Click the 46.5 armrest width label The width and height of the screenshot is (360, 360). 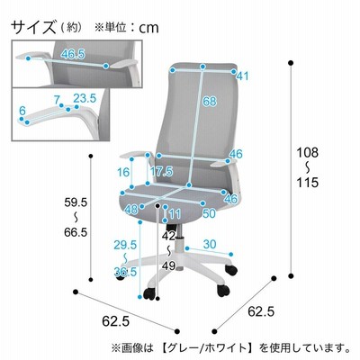(x=73, y=54)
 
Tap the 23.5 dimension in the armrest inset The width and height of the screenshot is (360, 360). (x=85, y=98)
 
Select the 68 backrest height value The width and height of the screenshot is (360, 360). (x=209, y=101)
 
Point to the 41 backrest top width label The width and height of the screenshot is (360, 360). (x=242, y=76)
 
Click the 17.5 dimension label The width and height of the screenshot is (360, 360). (x=161, y=171)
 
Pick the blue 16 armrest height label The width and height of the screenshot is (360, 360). (x=123, y=172)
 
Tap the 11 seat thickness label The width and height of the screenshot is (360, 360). (x=175, y=214)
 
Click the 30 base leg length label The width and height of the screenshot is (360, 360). (x=210, y=244)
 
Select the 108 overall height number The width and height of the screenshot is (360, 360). (x=307, y=153)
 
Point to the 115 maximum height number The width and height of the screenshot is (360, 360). (x=307, y=182)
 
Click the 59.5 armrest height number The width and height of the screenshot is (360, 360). (x=76, y=202)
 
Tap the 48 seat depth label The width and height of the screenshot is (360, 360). (x=131, y=210)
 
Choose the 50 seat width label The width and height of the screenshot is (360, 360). (x=209, y=213)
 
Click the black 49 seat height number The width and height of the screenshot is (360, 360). (x=168, y=265)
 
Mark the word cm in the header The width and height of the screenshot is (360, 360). (x=148, y=28)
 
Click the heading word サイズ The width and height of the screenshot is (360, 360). (x=33, y=27)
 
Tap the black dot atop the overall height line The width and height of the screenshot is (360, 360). (x=290, y=63)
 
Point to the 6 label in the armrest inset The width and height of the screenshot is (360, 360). (x=22, y=111)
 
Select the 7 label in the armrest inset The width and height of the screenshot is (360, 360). (x=57, y=100)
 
